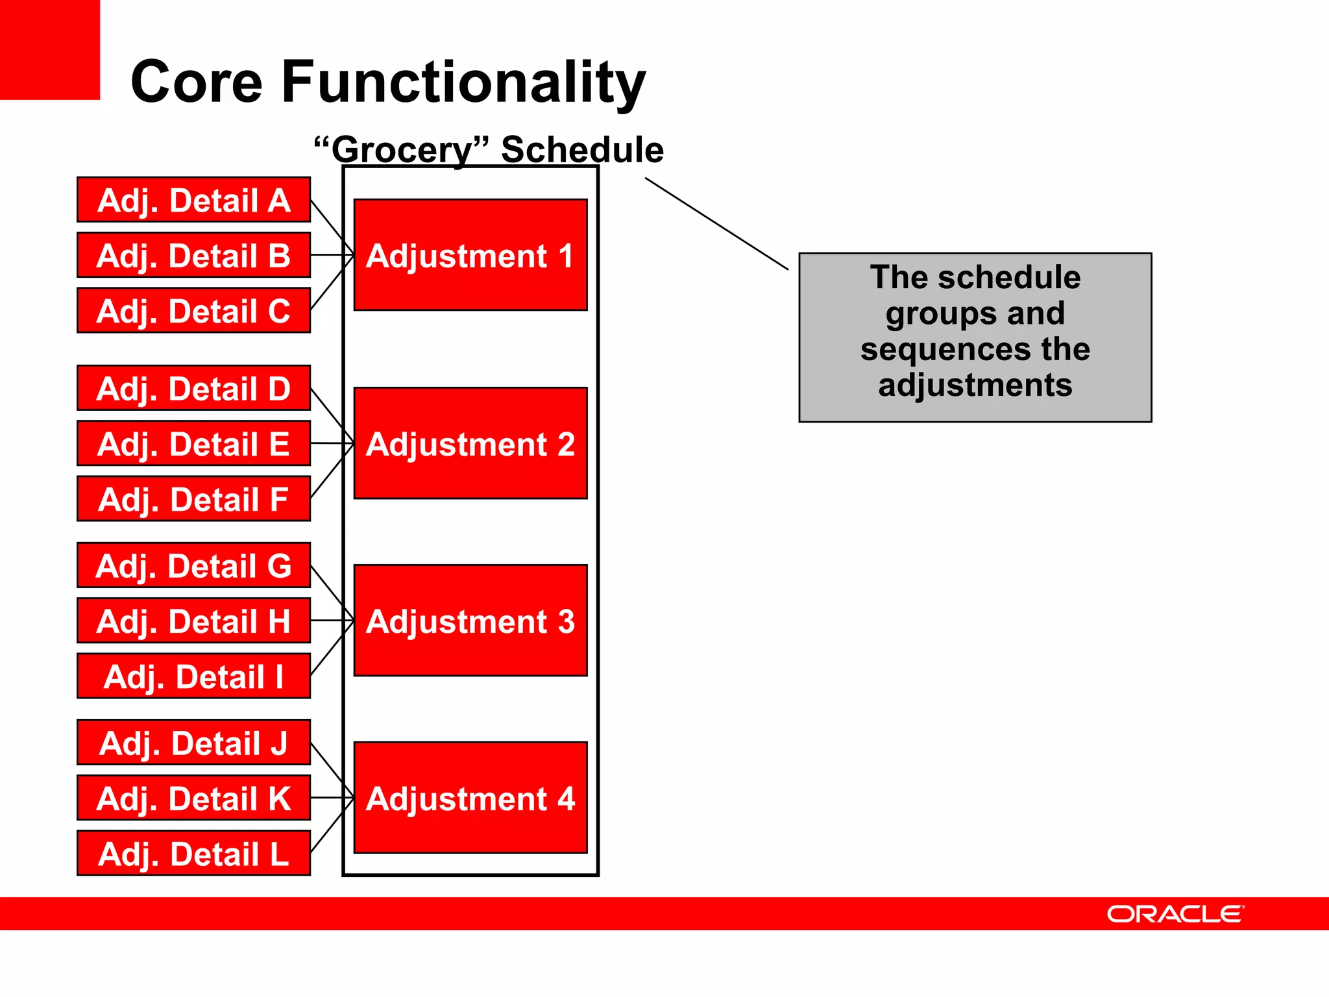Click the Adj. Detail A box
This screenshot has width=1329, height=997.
click(193, 200)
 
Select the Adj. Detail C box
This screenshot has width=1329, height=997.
click(193, 310)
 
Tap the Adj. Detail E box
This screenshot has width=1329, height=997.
click(193, 443)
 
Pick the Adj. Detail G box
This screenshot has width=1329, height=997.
click(193, 565)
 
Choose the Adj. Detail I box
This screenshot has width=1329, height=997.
click(193, 676)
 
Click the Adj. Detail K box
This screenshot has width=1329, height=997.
click(193, 798)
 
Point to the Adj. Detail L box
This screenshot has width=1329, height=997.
click(193, 853)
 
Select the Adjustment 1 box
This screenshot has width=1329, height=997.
click(470, 255)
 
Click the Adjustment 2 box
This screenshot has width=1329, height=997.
click(470, 443)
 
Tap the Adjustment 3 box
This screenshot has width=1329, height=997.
click(470, 621)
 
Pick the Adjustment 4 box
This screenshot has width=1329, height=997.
click(470, 798)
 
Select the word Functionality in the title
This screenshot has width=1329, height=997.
click(463, 82)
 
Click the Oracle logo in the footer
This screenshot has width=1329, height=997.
click(1175, 914)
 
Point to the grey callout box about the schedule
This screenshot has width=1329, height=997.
click(975, 338)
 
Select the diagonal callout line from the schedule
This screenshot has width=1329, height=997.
click(716, 224)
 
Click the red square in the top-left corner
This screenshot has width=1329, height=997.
click(49, 49)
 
